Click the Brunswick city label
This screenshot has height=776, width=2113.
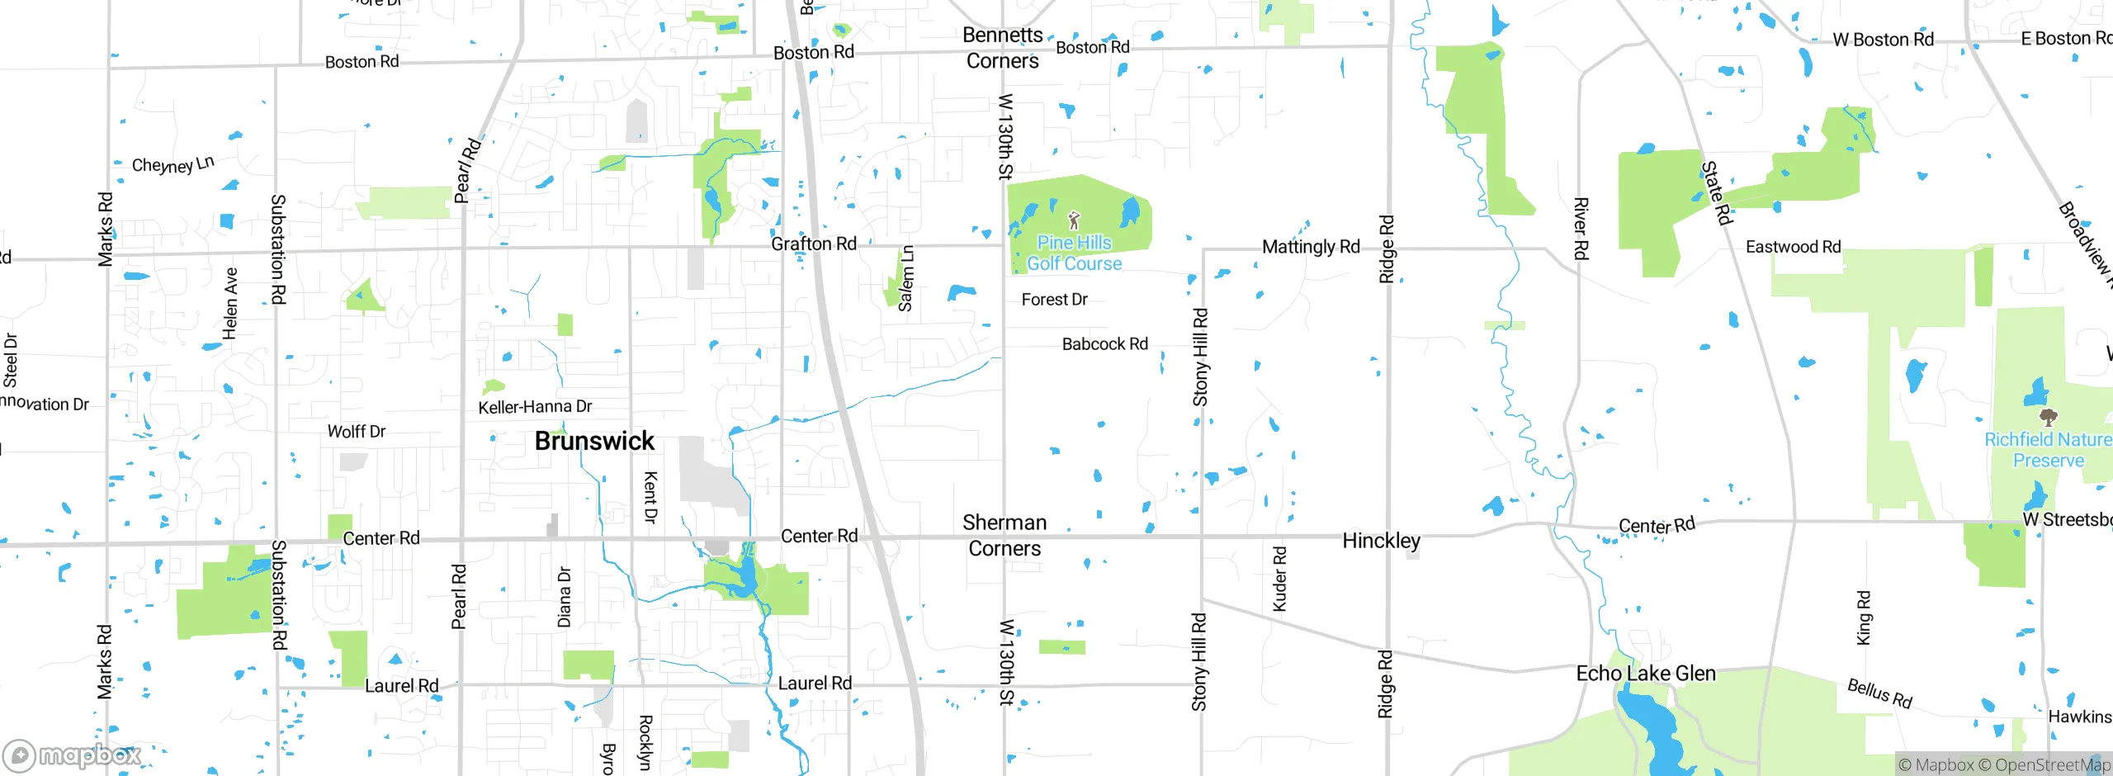(594, 441)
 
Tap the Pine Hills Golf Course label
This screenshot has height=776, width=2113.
(1074, 253)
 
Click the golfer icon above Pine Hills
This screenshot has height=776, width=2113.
(1074, 220)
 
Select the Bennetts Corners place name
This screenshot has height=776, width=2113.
(1002, 48)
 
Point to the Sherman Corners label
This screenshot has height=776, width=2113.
(1005, 535)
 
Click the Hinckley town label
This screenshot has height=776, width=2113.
(1381, 541)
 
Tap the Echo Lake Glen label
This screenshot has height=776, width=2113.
(1646, 674)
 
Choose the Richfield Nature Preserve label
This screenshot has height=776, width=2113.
(2047, 450)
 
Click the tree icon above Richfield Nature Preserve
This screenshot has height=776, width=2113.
(2047, 416)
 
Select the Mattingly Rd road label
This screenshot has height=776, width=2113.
(1311, 247)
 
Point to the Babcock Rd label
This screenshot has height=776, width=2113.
(1104, 344)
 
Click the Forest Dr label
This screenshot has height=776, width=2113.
(1054, 300)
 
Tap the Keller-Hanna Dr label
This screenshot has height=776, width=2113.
(535, 407)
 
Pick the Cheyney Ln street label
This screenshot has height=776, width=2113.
(173, 164)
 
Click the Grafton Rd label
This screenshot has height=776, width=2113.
(813, 244)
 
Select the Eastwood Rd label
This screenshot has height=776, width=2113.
(1793, 247)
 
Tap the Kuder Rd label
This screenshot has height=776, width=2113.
(1279, 579)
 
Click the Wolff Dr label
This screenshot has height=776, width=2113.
(356, 432)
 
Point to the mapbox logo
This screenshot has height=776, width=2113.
(73, 755)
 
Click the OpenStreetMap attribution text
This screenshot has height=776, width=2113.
(2052, 765)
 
